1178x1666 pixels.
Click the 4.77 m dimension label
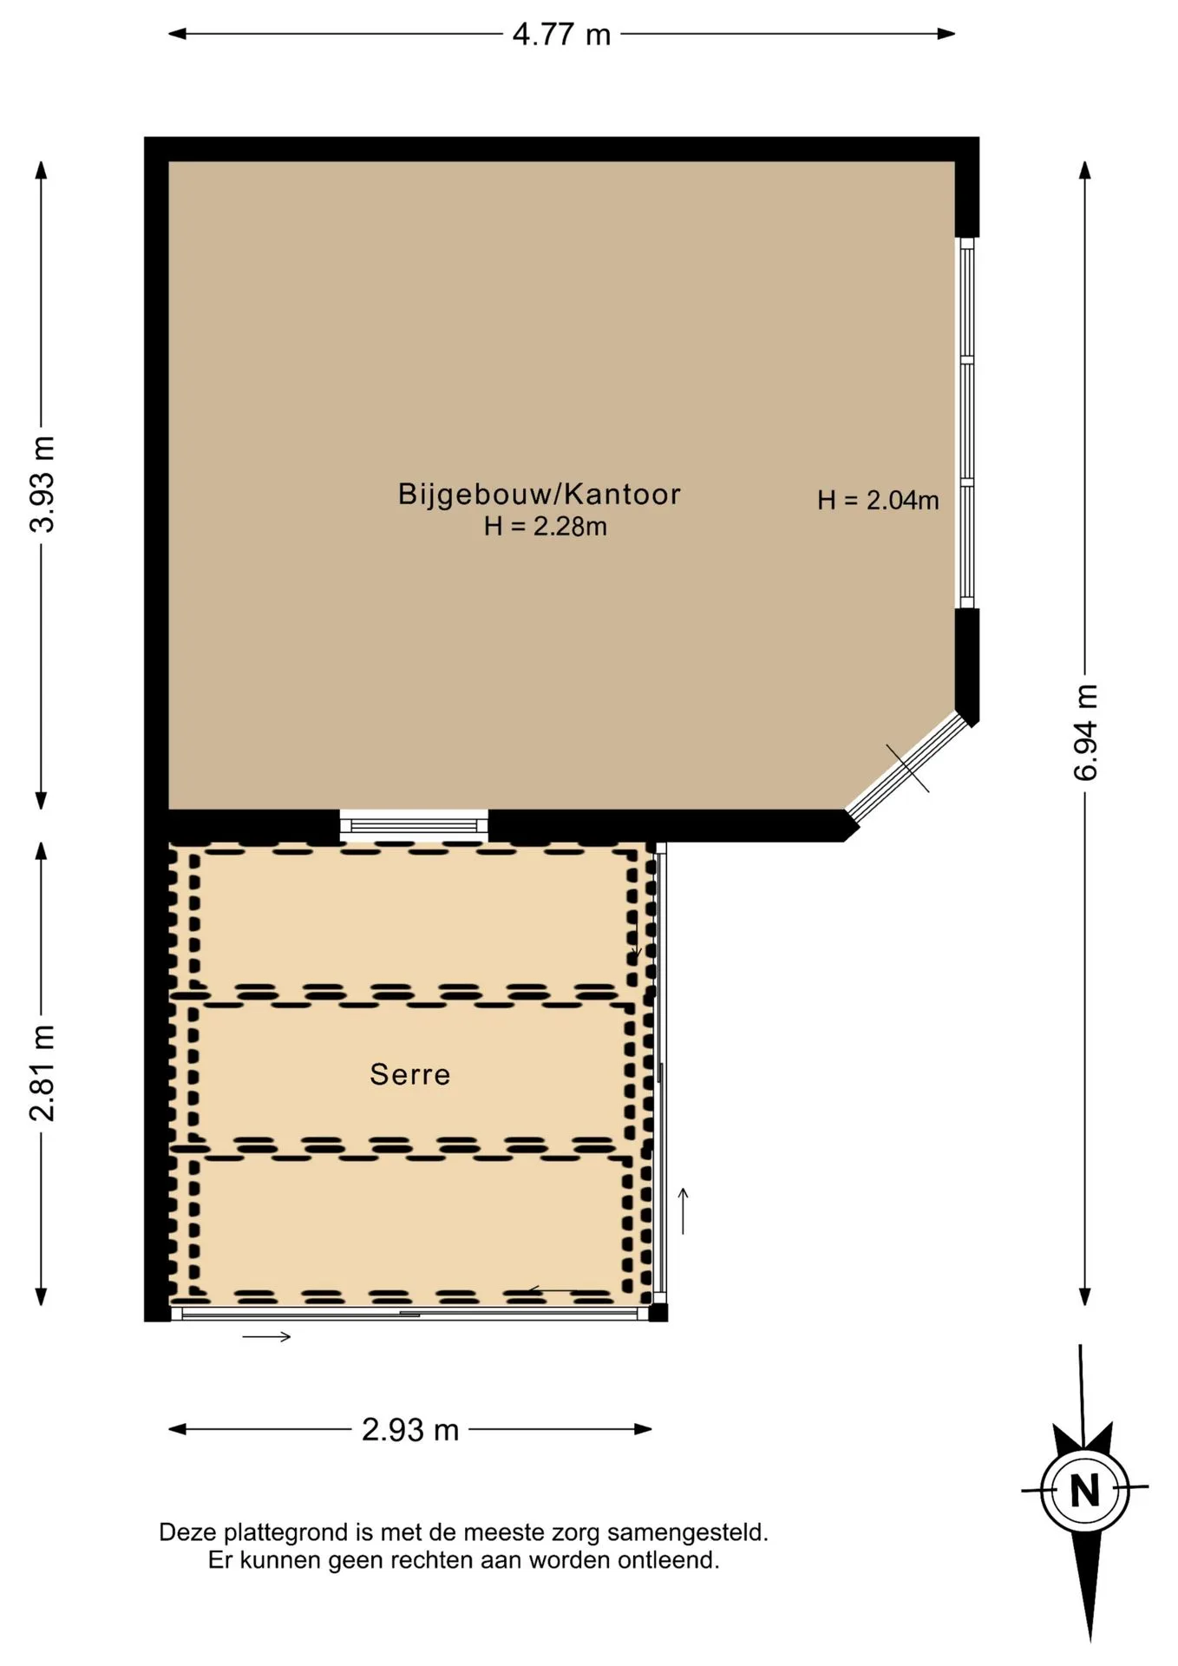[x=561, y=35]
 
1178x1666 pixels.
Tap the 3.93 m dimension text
[x=43, y=484]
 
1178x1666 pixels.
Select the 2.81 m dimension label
[x=43, y=1072]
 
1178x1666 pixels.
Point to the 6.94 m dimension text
[x=1086, y=732]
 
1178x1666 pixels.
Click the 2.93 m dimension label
[x=409, y=1430]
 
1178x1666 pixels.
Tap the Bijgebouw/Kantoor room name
[x=540, y=494]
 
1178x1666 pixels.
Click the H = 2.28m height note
[x=545, y=527]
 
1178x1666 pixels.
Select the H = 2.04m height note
[x=878, y=500]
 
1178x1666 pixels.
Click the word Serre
[x=410, y=1074]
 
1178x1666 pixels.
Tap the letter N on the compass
[x=1084, y=1491]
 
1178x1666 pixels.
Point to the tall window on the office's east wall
[x=966, y=423]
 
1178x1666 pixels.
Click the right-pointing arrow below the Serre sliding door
[x=266, y=1337]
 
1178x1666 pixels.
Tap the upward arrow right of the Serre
[x=684, y=1210]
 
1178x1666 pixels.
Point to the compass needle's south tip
[x=1091, y=1642]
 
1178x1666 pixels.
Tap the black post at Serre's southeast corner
[x=658, y=1313]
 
